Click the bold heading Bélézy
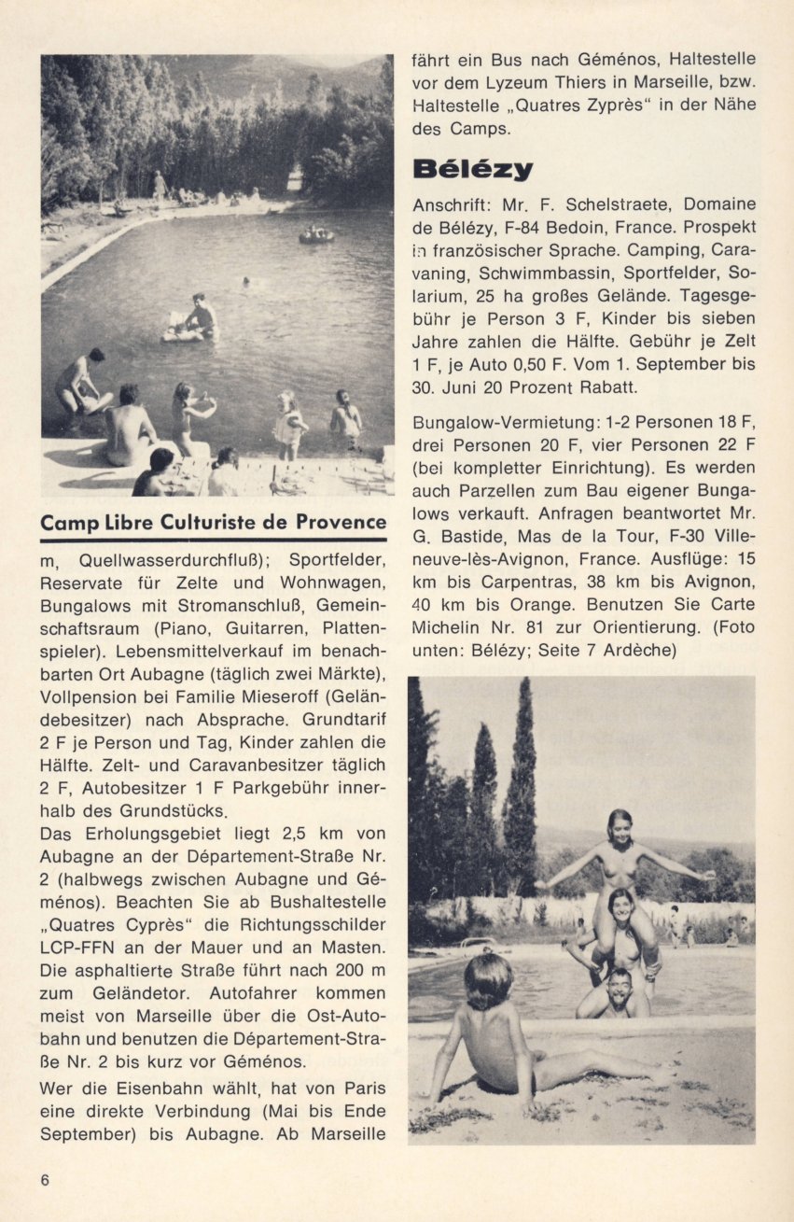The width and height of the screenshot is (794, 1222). (x=472, y=169)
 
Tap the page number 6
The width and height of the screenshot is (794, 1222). (x=45, y=1178)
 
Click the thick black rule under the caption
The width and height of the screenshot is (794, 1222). (x=213, y=540)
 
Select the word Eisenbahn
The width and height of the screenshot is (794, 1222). (x=160, y=1089)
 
